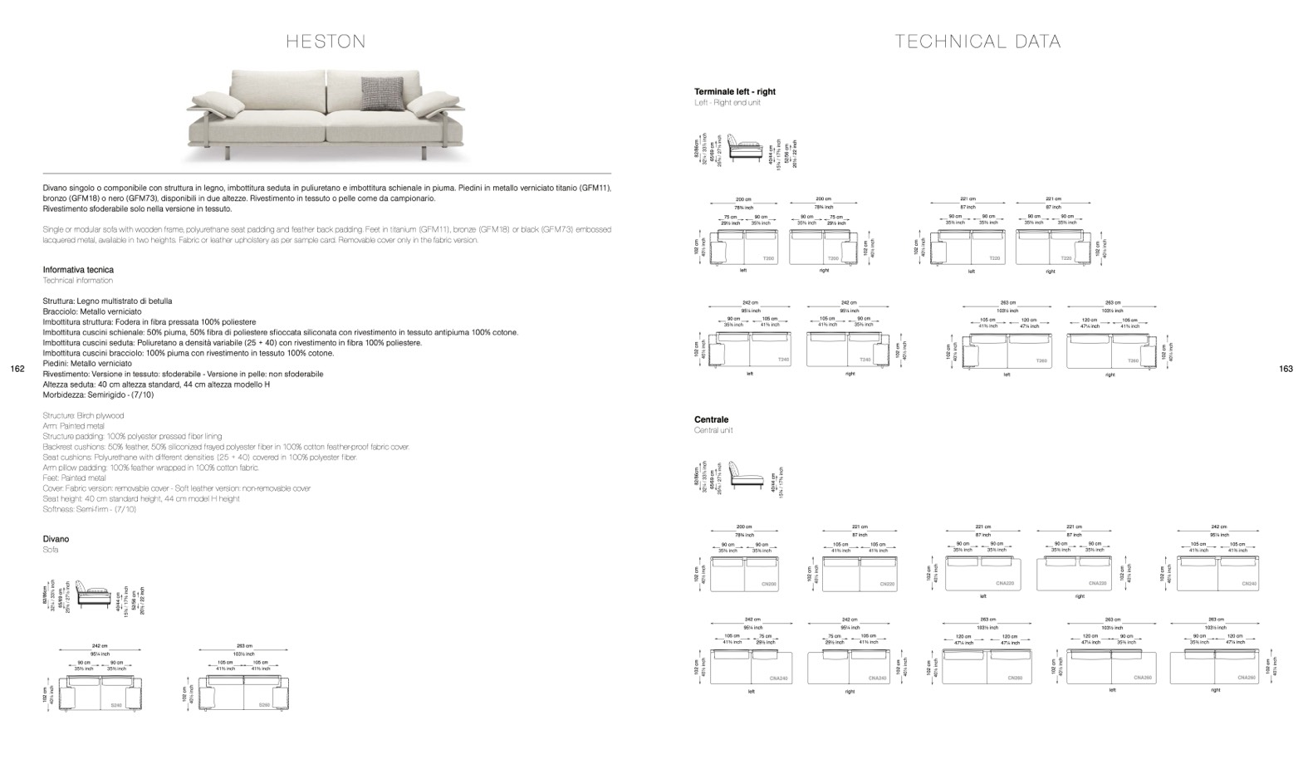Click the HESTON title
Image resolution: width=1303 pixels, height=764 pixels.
click(326, 42)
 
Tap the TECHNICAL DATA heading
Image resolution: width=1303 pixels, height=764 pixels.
click(977, 42)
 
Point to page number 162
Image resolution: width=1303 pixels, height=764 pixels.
click(17, 369)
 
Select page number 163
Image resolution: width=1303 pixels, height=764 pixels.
click(1286, 369)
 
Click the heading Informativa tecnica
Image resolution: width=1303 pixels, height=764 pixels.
click(78, 270)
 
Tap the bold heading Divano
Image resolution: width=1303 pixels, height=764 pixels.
click(56, 539)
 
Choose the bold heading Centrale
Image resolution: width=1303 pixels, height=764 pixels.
click(711, 420)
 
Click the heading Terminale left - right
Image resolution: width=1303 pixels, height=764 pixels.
click(735, 92)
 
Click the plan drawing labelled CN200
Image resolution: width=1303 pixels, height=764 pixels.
click(744, 573)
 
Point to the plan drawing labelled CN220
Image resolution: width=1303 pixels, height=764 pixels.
click(860, 573)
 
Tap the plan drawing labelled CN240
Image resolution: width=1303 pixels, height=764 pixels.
click(1217, 573)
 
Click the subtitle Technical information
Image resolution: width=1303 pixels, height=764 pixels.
click(77, 281)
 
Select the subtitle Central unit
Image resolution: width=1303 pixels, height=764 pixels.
click(713, 430)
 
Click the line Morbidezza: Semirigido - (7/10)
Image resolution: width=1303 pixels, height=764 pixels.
click(98, 395)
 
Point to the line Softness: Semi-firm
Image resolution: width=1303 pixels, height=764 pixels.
click(89, 509)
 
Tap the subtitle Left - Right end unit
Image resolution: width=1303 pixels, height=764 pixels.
click(727, 102)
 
